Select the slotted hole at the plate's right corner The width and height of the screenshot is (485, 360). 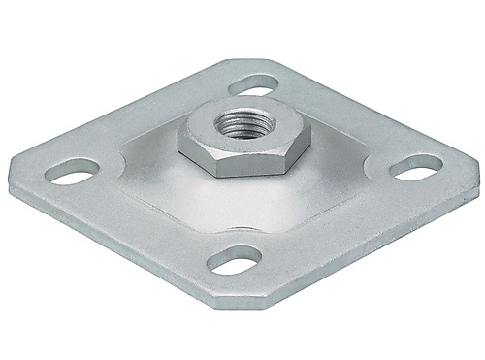tap(408, 166)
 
